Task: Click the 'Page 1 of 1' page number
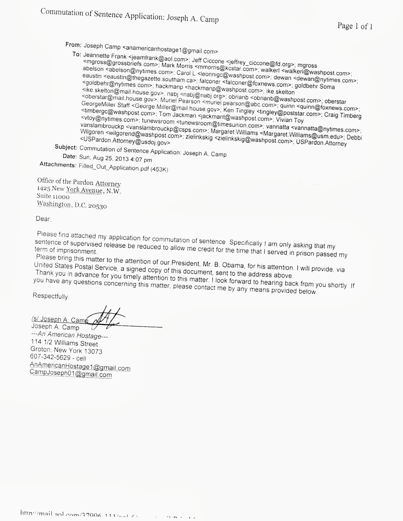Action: tap(355, 26)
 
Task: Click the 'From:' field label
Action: tap(73, 45)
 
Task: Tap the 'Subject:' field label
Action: tap(66, 147)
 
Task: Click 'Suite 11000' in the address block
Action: tap(53, 196)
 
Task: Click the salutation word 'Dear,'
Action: tap(43, 219)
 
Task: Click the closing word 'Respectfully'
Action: tap(51, 296)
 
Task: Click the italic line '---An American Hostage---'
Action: tap(70, 335)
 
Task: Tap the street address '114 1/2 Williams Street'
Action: tap(64, 343)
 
